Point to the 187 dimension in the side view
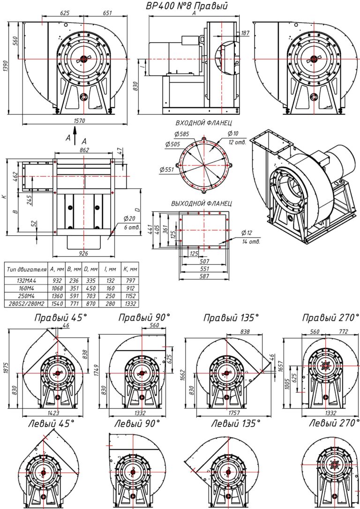(x=245, y=33)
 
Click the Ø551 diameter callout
(x=166, y=169)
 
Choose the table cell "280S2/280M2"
(x=26, y=305)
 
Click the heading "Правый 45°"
(x=60, y=318)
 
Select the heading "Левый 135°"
(x=235, y=423)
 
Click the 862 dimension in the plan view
(x=84, y=150)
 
